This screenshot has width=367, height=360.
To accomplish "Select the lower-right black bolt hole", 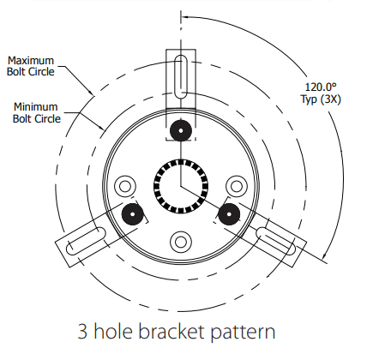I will (x=229, y=214).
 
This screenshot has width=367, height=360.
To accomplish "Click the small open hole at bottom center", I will (x=180, y=241).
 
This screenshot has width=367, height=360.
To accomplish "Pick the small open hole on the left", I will (x=127, y=185).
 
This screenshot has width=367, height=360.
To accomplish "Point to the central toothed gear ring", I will (x=180, y=185).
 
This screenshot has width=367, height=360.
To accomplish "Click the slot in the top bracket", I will (x=180, y=76).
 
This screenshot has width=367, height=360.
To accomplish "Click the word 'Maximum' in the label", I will (x=32, y=61).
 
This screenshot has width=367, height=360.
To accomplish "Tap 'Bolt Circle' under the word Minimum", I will (x=38, y=119).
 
